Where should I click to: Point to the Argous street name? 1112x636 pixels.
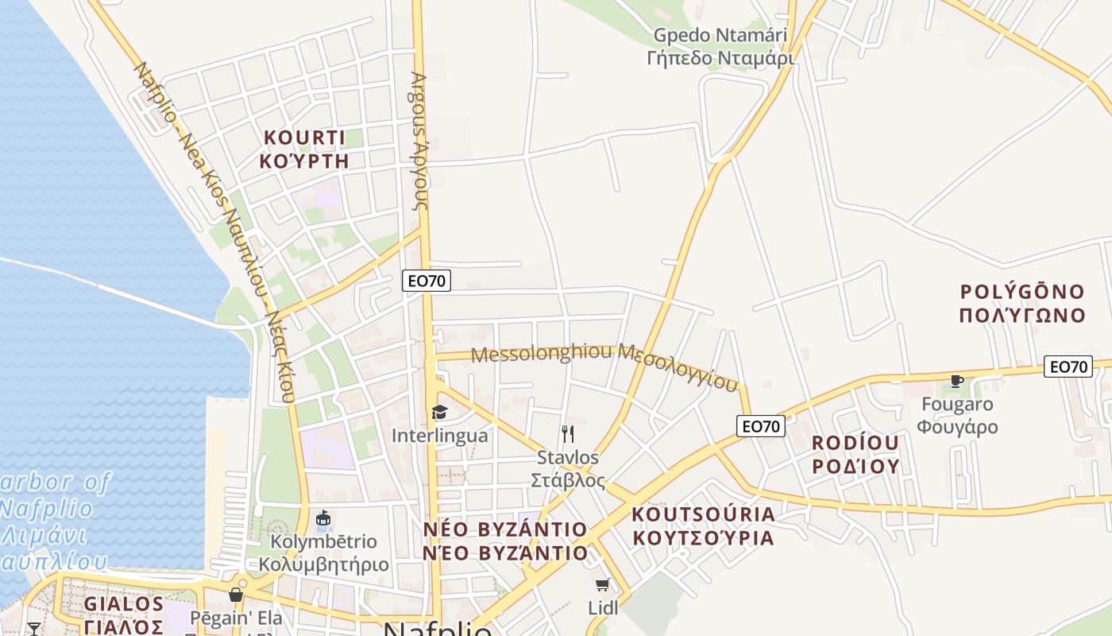[x=419, y=141]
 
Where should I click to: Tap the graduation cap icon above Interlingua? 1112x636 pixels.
[x=439, y=412]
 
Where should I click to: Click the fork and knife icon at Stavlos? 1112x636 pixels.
[x=567, y=433]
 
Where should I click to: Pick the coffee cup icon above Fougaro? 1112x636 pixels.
[x=957, y=381]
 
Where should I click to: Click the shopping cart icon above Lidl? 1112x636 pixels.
[x=603, y=585]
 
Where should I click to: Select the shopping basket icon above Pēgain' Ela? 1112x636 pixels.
[x=235, y=594]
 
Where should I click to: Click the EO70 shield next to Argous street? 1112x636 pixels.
[x=427, y=280]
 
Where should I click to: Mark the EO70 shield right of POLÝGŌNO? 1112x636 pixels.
[x=1068, y=366]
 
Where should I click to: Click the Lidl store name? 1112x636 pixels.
[x=603, y=608]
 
